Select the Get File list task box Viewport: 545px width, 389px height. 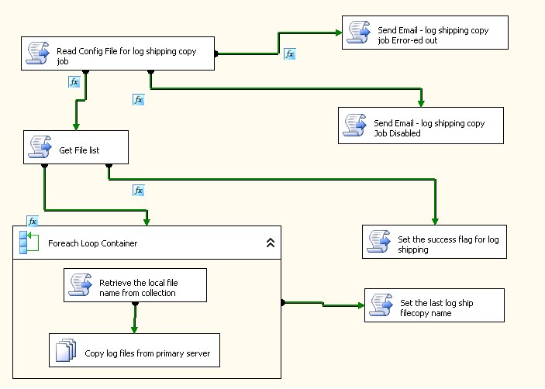(75, 147)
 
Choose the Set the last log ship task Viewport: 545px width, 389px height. (434, 305)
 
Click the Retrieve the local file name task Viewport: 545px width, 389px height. (135, 285)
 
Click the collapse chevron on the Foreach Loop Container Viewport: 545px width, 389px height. (270, 243)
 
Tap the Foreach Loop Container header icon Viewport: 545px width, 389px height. (28, 243)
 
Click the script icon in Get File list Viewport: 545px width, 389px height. (40, 147)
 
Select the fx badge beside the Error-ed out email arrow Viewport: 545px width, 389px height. (289, 54)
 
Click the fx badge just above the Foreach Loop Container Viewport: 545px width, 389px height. (32, 221)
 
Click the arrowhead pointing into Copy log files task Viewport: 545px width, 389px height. (135, 329)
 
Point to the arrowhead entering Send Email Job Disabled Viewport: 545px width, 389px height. (421, 104)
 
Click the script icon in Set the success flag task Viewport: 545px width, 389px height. (379, 241)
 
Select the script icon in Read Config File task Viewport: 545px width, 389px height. (38, 53)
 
